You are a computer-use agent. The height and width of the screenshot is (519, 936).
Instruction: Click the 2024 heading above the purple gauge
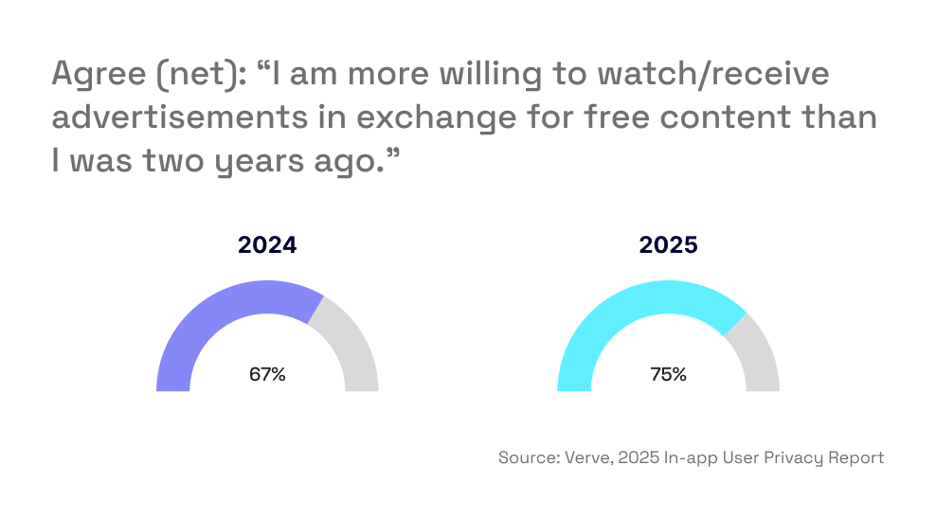pyautogui.click(x=267, y=244)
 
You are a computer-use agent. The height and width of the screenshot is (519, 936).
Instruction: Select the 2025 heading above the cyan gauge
pyautogui.click(x=668, y=244)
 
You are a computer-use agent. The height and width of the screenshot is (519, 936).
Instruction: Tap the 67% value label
pyautogui.click(x=267, y=374)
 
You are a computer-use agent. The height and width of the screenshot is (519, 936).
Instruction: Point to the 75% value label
pyautogui.click(x=668, y=374)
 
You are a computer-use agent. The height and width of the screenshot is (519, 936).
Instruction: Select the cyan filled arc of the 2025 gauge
pyautogui.click(x=625, y=313)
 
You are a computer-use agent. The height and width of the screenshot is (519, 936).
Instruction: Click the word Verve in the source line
pyautogui.click(x=585, y=457)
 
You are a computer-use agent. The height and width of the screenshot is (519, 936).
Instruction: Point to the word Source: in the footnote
pyautogui.click(x=527, y=457)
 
